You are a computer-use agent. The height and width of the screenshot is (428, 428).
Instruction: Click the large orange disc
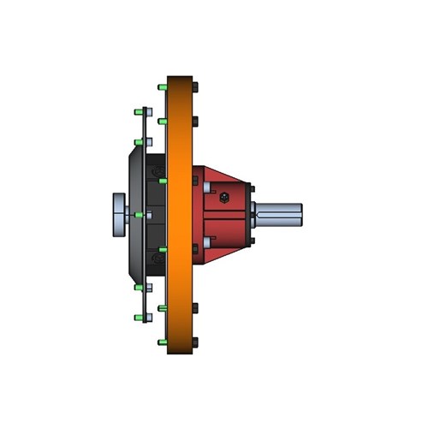coord(180,214)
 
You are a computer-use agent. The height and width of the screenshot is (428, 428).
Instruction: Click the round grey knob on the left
coord(119,214)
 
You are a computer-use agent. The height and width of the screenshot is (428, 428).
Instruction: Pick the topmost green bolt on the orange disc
coord(162,86)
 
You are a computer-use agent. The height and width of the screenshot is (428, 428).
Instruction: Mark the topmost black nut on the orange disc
coord(196,86)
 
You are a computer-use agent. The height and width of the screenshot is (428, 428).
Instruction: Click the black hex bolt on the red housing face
coord(223,198)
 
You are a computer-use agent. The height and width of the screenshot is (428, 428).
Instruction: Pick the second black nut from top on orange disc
coord(196,121)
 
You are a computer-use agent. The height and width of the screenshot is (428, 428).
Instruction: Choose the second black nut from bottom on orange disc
coord(196,307)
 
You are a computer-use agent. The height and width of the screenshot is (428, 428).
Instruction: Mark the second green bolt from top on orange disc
coord(162,121)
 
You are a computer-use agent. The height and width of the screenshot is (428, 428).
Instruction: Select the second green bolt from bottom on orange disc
coord(162,307)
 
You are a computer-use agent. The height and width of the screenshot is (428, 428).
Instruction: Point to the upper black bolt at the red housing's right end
coord(251,189)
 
